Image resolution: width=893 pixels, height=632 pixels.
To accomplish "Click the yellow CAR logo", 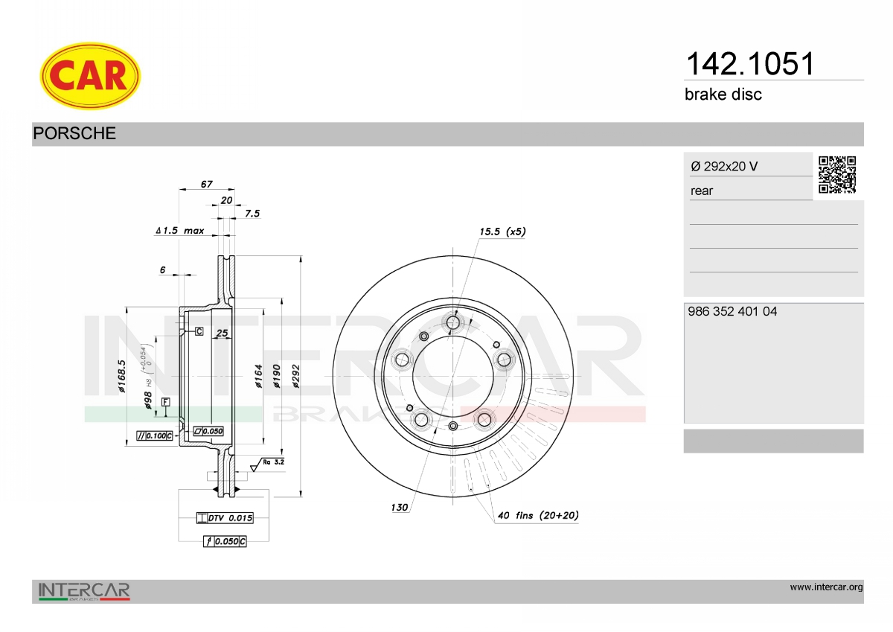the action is click(90, 76).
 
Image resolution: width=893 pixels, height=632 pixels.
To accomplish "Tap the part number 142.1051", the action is click(750, 64).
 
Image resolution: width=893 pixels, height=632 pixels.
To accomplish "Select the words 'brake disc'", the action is click(723, 95).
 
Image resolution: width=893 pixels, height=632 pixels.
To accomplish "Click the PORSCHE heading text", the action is click(74, 133).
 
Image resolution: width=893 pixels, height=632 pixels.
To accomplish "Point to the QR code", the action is click(837, 175).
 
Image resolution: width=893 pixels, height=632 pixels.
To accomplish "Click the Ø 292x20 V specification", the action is click(724, 166).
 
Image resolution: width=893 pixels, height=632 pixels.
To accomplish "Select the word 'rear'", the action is click(702, 191).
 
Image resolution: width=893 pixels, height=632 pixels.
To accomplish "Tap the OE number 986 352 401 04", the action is click(732, 311).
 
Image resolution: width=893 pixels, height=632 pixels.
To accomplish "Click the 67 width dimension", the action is click(207, 184).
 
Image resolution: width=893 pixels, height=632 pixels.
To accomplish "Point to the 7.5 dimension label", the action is click(252, 214).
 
